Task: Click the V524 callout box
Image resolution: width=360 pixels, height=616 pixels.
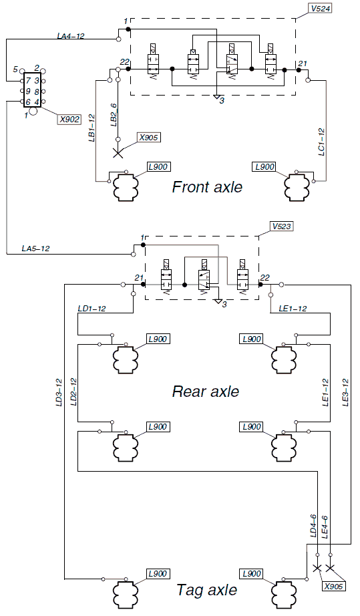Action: pos(321,8)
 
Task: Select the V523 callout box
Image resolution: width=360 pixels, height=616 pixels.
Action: pos(281,226)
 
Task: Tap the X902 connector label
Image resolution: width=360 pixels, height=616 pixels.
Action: pos(69,119)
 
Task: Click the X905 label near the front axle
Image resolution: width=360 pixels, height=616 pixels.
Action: pos(148,138)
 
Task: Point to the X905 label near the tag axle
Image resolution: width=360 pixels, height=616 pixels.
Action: pos(334,587)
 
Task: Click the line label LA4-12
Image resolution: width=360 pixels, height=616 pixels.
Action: pos(71,36)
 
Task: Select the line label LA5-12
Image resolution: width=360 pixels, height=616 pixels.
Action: pos(35,249)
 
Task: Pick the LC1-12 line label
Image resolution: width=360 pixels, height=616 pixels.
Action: pos(321,142)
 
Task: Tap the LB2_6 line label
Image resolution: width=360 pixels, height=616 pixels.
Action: pos(114,115)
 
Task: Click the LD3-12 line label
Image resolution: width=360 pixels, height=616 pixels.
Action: pos(59,392)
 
